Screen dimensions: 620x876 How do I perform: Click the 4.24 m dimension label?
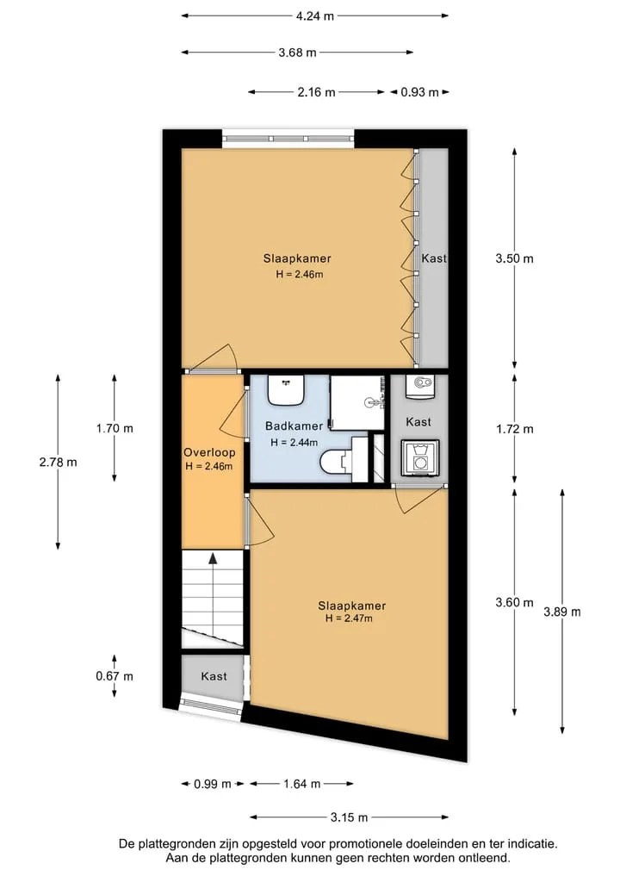click(315, 16)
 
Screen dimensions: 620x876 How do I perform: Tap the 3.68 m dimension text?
click(298, 53)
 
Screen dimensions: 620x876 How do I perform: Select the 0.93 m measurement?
click(419, 92)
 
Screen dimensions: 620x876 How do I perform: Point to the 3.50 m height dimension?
click(514, 258)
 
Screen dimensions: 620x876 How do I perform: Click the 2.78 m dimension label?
click(58, 462)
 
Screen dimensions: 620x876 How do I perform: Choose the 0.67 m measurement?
click(115, 676)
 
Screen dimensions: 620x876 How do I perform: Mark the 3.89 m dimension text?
click(562, 612)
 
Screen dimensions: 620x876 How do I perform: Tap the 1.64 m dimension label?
click(302, 784)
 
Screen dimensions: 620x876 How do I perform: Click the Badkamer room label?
click(294, 426)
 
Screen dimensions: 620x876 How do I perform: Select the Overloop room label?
click(209, 452)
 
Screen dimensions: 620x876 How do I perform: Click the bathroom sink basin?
click(285, 390)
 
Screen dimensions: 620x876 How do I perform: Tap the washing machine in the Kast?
click(420, 458)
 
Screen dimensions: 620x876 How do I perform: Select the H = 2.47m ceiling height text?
click(349, 618)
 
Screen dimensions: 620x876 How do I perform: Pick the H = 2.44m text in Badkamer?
click(294, 443)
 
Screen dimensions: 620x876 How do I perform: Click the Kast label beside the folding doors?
click(434, 258)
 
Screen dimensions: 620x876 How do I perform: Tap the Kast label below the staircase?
click(214, 676)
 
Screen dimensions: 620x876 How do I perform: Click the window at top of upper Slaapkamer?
click(288, 139)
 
